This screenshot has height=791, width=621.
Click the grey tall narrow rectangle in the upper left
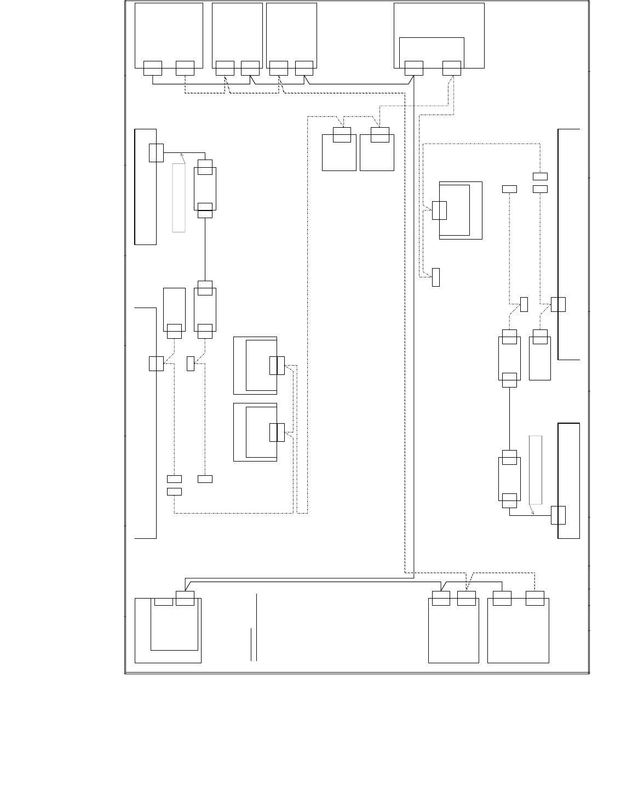point(179,197)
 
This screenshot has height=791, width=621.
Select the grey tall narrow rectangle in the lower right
point(536,470)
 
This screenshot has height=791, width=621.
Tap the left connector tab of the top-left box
point(153,68)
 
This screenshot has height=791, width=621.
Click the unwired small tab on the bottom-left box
point(164,601)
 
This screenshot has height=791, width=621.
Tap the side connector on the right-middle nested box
point(439,210)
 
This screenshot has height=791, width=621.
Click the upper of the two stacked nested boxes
point(255,366)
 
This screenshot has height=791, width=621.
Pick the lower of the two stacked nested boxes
point(255,432)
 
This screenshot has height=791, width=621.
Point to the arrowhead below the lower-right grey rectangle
point(533,512)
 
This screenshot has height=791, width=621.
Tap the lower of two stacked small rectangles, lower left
point(174,491)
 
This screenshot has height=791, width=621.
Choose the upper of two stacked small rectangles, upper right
point(540,176)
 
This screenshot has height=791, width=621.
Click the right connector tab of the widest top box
point(452,68)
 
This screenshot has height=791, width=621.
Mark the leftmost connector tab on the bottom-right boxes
point(441,599)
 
